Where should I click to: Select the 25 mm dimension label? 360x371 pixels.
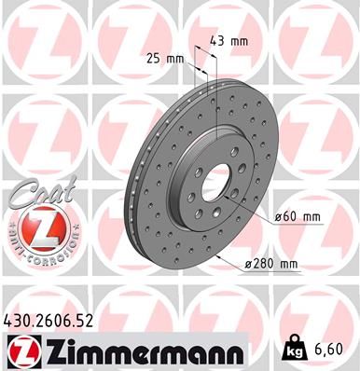(167, 58)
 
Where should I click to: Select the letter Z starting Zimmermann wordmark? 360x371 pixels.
(50, 351)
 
